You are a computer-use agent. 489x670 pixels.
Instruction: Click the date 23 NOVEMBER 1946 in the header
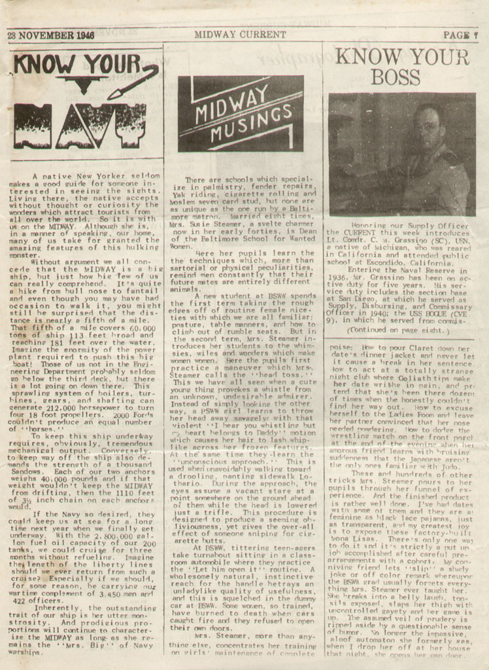(x=50, y=35)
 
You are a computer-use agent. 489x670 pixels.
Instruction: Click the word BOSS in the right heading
(x=396, y=78)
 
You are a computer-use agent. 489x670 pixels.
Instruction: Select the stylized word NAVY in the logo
(x=79, y=124)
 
